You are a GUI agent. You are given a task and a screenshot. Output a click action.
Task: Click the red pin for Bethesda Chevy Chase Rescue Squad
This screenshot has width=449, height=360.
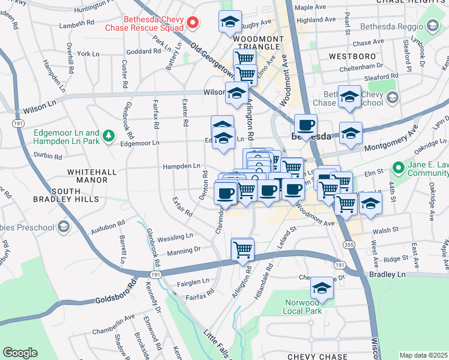click(193, 23)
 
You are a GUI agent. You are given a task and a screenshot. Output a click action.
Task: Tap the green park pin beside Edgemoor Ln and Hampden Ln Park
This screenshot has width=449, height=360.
click(109, 136)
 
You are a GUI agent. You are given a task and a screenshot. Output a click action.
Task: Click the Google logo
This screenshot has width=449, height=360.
click(20, 353)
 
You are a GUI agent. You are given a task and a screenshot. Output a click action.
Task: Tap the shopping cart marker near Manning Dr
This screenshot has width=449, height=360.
click(243, 249)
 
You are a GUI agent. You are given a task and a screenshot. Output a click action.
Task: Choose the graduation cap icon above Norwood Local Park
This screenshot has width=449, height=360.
click(322, 288)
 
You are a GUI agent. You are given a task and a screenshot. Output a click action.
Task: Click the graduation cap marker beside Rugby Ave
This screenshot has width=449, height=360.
click(230, 22)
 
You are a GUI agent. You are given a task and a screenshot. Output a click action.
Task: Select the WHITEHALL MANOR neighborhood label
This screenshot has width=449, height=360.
click(91, 176)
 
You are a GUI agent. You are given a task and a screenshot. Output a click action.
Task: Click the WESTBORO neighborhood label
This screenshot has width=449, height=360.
click(352, 56)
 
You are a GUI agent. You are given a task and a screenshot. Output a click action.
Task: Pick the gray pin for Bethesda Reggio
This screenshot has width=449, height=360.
click(432, 25)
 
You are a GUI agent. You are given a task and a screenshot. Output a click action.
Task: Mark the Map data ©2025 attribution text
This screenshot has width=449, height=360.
click(424, 355)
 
